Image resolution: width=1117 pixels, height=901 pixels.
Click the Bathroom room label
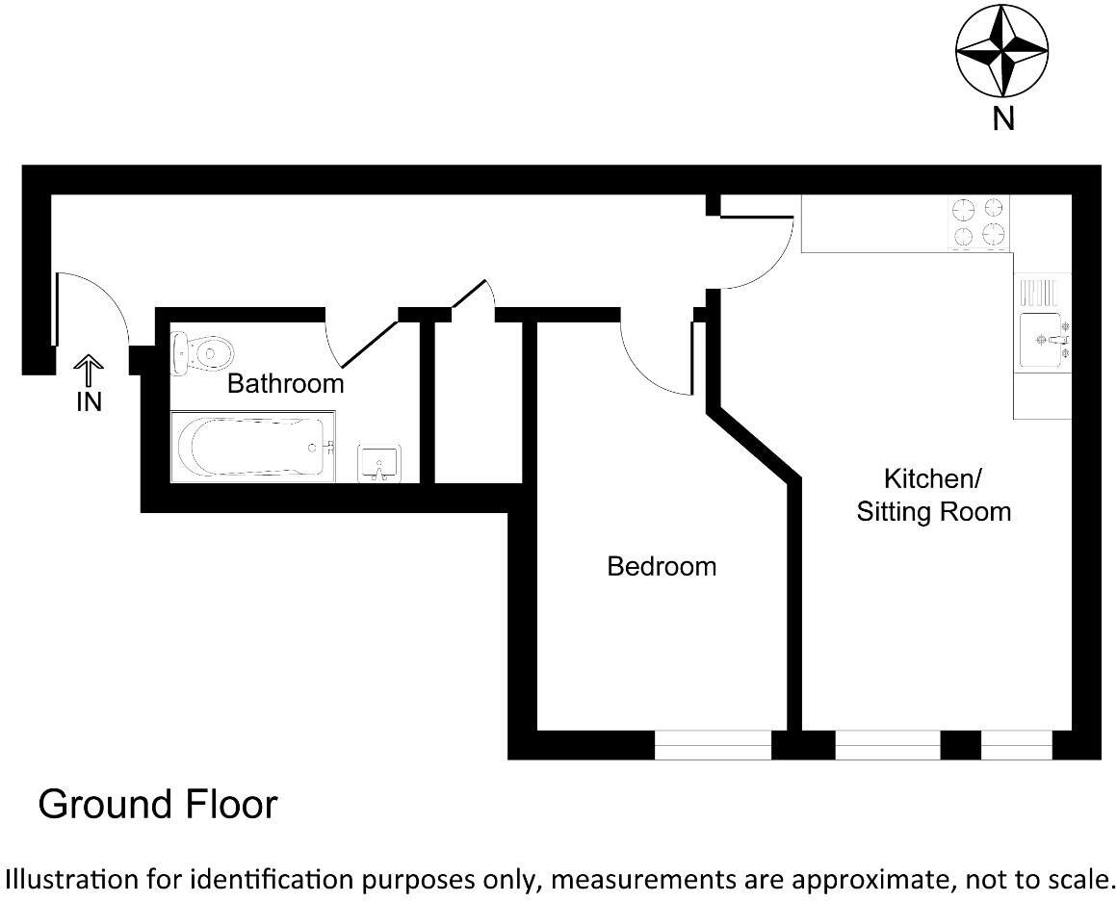pos(285,384)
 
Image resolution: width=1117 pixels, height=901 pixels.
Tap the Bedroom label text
pos(662,566)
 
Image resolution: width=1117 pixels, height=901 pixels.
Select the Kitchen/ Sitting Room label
pos(933,495)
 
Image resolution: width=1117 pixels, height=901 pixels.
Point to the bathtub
pos(253,447)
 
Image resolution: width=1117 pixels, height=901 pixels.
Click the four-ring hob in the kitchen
pos(980,222)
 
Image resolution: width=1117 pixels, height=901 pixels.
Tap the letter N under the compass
pos(1004,119)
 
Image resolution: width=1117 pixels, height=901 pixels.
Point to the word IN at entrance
pos(89,402)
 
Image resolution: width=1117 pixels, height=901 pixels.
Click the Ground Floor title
pos(158,805)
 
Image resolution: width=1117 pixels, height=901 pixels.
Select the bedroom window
pos(713,745)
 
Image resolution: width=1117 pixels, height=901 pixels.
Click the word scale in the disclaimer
pos(1079,878)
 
